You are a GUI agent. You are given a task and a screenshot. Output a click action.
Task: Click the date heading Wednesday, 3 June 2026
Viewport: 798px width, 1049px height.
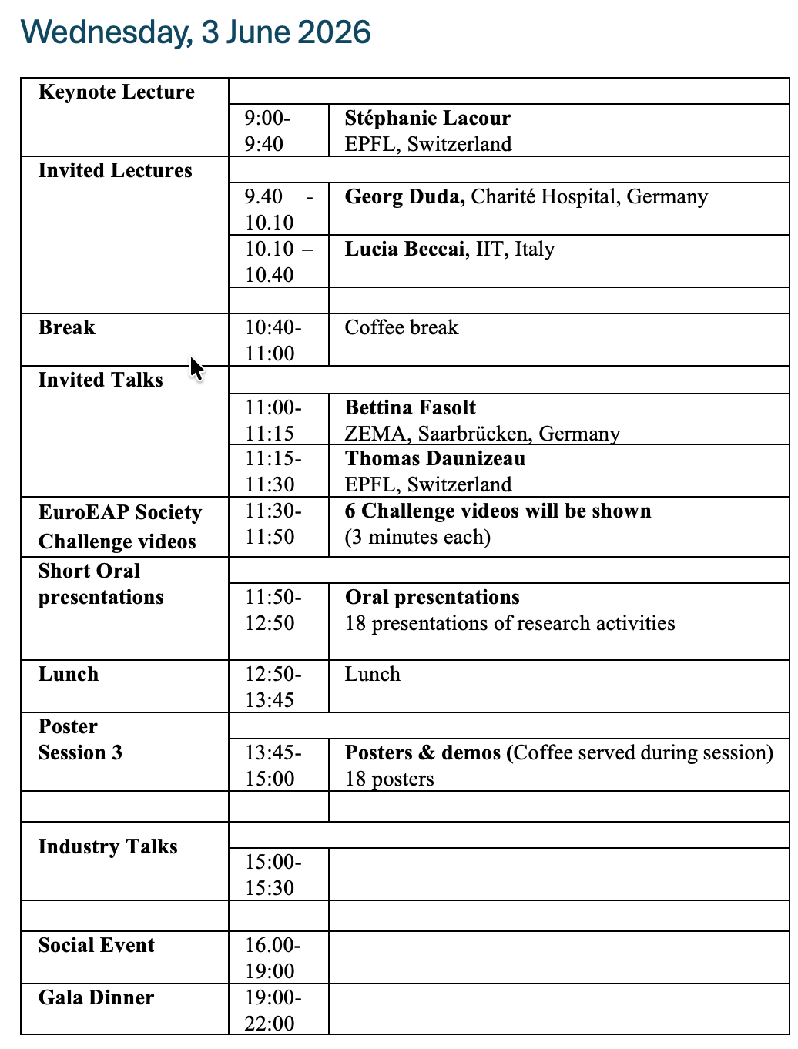196,32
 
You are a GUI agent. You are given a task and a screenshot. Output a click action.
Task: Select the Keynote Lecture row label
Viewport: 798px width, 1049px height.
116,92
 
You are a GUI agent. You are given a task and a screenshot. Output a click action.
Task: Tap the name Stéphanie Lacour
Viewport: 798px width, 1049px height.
427,119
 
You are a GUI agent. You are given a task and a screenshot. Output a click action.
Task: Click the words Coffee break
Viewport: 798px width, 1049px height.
401,328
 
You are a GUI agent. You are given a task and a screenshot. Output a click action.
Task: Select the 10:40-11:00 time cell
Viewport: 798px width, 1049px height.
273,340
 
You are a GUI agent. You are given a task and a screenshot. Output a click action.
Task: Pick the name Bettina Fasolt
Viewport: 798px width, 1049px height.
410,408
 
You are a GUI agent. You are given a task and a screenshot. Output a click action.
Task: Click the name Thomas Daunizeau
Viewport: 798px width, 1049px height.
435,459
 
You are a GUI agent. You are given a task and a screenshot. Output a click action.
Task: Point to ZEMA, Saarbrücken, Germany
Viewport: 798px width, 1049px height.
482,434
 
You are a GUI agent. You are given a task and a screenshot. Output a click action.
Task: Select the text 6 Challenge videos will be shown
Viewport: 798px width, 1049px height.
498,511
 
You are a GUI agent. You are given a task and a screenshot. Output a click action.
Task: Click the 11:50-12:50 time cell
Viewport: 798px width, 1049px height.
273,610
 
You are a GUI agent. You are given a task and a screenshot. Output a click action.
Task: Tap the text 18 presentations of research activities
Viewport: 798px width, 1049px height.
510,623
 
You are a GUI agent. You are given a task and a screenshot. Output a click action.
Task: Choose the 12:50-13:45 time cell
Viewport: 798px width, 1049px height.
273,687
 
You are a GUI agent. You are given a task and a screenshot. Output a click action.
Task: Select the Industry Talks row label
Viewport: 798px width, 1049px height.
108,847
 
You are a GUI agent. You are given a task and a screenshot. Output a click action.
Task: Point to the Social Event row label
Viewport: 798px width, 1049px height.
96,946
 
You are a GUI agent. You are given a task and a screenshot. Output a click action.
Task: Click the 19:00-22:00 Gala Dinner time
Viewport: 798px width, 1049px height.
273,1010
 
